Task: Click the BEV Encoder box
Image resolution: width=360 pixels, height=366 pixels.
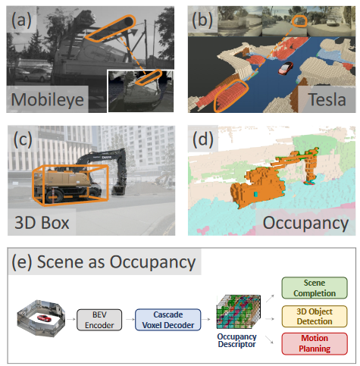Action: pyautogui.click(x=99, y=320)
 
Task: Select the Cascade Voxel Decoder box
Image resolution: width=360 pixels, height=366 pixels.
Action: pyautogui.click(x=168, y=320)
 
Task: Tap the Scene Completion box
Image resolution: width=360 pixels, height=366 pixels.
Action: pyautogui.click(x=315, y=288)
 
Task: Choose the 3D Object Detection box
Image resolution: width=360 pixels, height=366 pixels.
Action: pyautogui.click(x=315, y=316)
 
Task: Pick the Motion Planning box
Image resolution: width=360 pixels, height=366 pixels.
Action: pyautogui.click(x=315, y=343)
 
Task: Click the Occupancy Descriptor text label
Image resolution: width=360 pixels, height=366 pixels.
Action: pyautogui.click(x=236, y=340)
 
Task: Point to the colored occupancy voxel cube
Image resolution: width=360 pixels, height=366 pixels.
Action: pyautogui.click(x=238, y=311)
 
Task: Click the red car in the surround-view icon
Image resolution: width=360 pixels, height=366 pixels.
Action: pyautogui.click(x=44, y=318)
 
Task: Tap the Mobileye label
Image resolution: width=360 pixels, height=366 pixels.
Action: pyautogui.click(x=48, y=99)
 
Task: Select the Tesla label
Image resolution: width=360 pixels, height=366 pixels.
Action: pyautogui.click(x=327, y=99)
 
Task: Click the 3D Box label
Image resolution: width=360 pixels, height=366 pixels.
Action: pyautogui.click(x=42, y=223)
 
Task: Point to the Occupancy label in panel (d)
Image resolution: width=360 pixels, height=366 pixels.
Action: pyautogui.click(x=305, y=224)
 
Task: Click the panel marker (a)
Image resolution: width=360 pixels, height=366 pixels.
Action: pyautogui.click(x=21, y=20)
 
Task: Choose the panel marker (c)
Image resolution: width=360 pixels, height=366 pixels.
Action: pyautogui.click(x=23, y=139)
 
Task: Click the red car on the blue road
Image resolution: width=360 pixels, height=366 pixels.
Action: pyautogui.click(x=286, y=68)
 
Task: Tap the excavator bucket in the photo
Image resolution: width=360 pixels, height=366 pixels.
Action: pyautogui.click(x=117, y=189)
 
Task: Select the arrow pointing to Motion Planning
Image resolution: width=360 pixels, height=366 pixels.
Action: pyautogui.click(x=270, y=339)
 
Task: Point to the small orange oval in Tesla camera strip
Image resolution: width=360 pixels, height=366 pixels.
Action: pyautogui.click(x=299, y=21)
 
